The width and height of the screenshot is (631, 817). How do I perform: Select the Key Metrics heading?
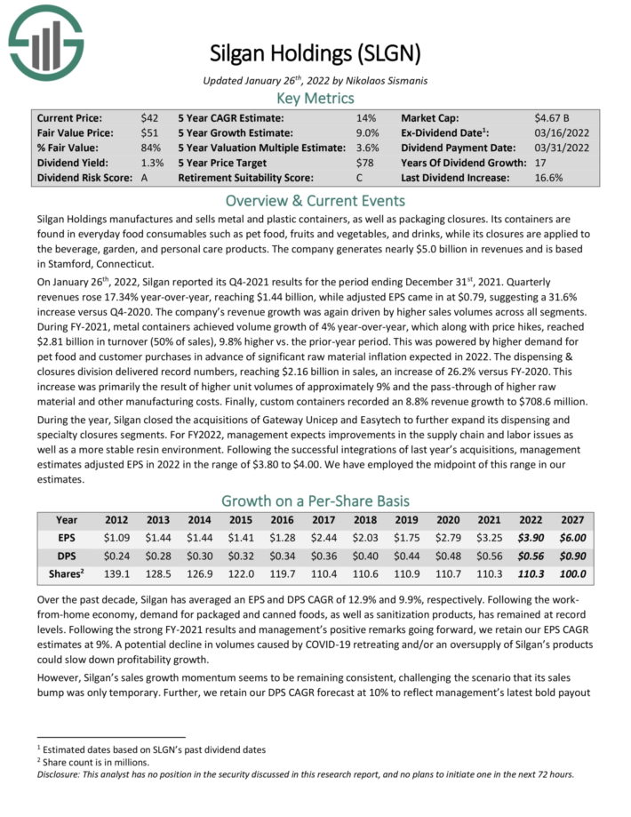pyautogui.click(x=315, y=98)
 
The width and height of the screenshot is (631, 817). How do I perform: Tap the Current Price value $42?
pyautogui.click(x=149, y=118)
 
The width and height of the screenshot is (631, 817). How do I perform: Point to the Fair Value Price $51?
pyautogui.click(x=149, y=133)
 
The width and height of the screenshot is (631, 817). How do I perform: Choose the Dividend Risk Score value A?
pyautogui.click(x=144, y=178)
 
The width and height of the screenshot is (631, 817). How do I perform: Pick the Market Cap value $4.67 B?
pyautogui.click(x=551, y=118)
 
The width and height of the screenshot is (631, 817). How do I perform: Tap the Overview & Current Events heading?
pyautogui.click(x=315, y=200)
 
